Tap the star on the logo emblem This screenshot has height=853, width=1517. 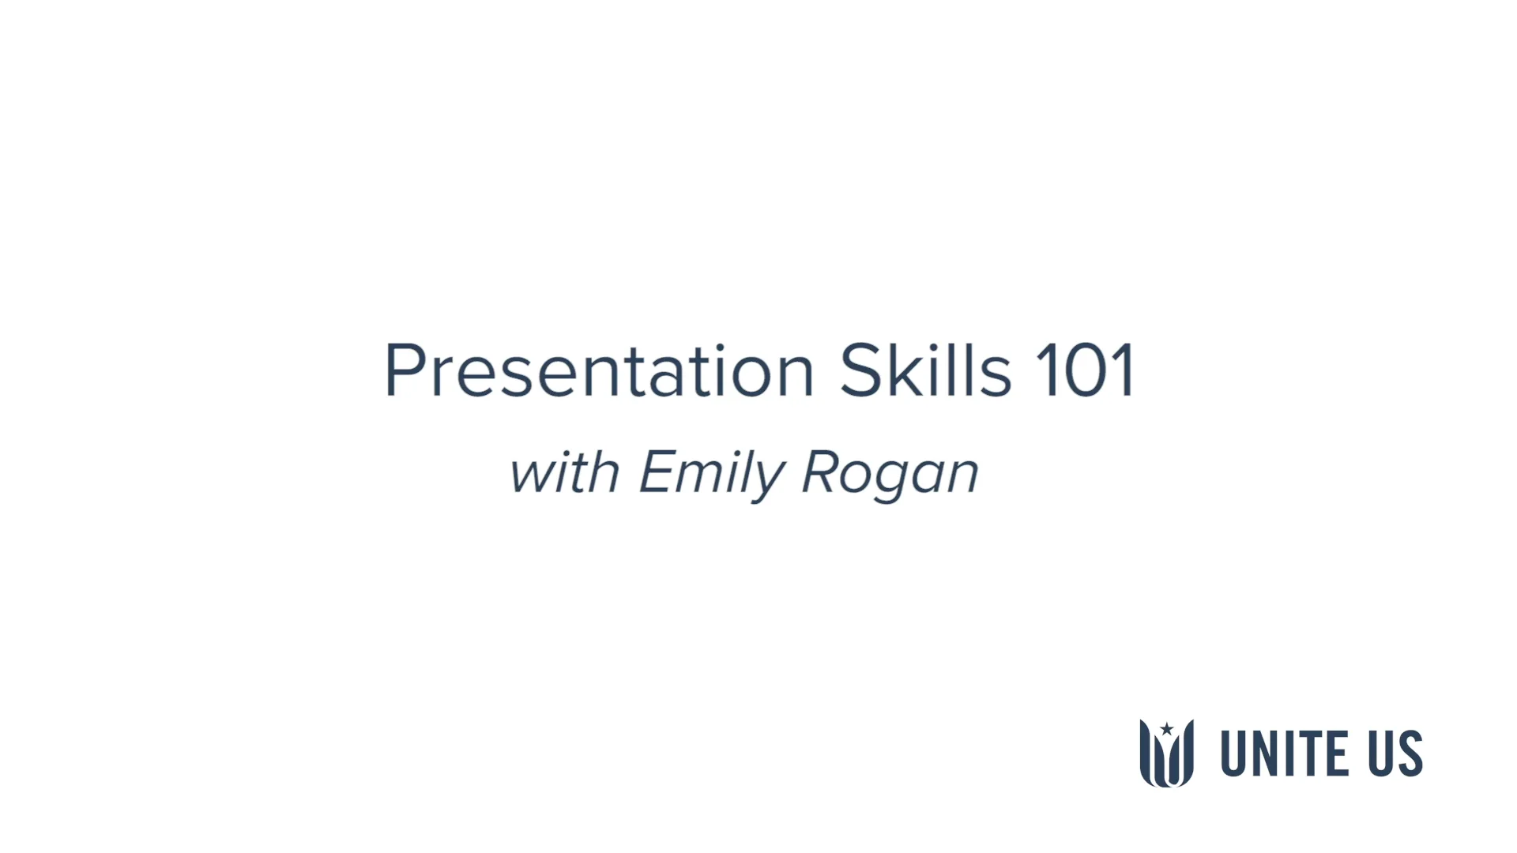point(1166,729)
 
